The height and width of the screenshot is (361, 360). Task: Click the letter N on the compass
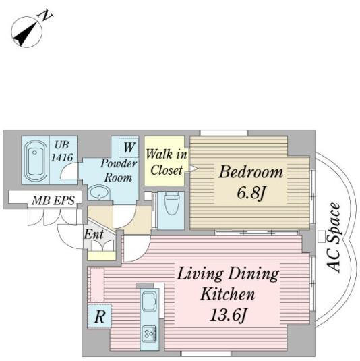point(45,16)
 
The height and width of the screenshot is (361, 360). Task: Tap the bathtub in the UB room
point(36,160)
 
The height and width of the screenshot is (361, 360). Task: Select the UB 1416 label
point(62,151)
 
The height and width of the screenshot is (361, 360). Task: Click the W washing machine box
point(129,148)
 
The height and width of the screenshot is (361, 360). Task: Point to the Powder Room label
point(119,170)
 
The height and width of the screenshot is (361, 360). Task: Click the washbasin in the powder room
point(98,192)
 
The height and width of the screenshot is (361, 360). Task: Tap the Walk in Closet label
point(167,162)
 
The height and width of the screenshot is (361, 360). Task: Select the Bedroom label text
point(251,172)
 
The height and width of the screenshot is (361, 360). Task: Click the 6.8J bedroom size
point(251,193)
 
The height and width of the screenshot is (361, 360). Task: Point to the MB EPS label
point(53,200)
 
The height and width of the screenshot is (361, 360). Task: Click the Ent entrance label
point(94,234)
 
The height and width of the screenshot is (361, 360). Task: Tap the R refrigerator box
point(100,316)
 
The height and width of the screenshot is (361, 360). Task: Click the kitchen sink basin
point(150,302)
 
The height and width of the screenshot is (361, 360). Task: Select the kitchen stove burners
point(149,334)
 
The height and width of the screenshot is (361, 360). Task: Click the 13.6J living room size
point(228,314)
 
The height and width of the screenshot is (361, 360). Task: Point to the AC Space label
point(333,237)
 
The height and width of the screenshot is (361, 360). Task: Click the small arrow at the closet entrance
point(193,169)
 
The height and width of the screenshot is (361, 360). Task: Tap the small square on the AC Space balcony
point(322,237)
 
